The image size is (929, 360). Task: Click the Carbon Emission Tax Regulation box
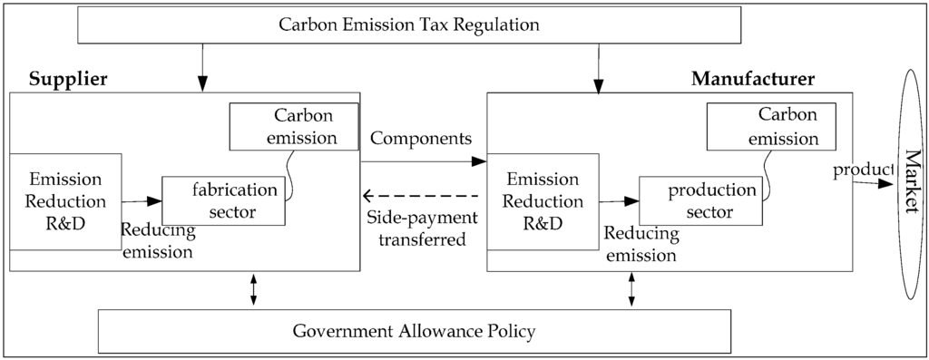(x=408, y=24)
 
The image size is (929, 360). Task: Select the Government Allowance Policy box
(x=414, y=330)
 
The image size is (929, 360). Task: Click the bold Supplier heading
(x=69, y=79)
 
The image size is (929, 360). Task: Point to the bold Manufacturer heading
(x=753, y=79)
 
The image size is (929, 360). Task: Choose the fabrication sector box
(x=223, y=200)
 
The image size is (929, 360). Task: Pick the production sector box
(x=699, y=201)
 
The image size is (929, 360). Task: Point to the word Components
(x=421, y=139)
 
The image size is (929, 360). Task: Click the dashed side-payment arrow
(x=419, y=195)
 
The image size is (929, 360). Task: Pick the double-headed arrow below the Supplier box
(x=253, y=289)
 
